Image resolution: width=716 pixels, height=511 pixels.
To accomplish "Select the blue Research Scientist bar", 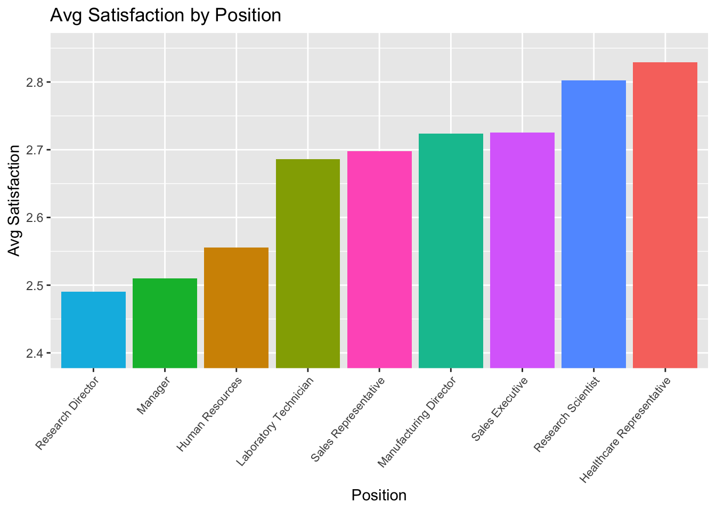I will coord(593,224).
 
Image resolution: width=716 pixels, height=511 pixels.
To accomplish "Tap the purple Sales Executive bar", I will coord(522,250).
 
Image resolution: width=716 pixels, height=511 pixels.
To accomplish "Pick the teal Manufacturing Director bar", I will coord(451,251).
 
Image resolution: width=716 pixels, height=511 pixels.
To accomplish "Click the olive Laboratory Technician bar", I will coord(308,263).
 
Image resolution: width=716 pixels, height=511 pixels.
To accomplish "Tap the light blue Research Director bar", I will coord(93,330).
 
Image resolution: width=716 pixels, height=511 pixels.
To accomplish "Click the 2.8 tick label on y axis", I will coord(36,83).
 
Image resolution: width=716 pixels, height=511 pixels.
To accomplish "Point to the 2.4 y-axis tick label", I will coord(36,353).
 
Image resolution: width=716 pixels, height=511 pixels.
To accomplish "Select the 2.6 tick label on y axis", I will coord(36,218).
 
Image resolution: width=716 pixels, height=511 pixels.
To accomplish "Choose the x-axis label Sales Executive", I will coord(499,409).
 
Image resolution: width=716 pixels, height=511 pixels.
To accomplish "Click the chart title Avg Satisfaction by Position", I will coord(165,15).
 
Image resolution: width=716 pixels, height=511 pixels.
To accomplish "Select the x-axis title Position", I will coord(379,496).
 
